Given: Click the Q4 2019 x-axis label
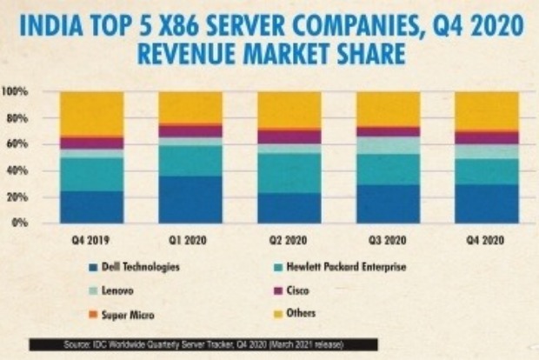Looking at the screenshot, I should (x=90, y=236).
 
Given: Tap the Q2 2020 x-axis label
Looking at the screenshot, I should (x=289, y=236).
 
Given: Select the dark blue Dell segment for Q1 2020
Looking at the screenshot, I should (x=190, y=199).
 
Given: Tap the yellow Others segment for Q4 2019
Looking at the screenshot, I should (x=90, y=113).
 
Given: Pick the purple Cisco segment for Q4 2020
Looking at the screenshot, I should (x=486, y=138).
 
